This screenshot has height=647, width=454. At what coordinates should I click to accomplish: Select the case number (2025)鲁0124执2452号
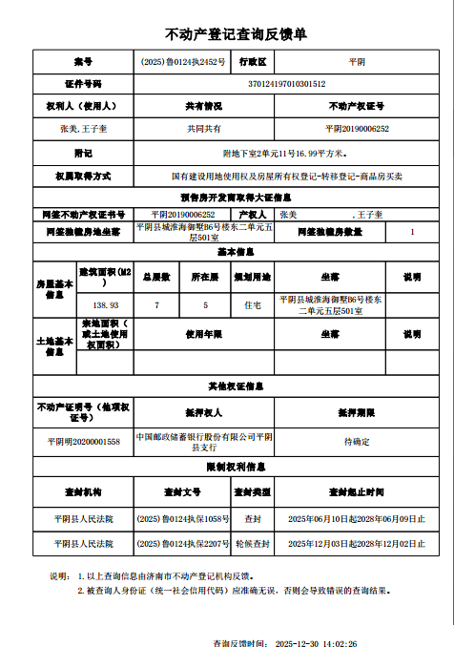click(182, 61)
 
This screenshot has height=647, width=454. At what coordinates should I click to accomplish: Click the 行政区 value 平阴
click(356, 61)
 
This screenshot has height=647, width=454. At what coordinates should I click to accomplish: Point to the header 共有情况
click(203, 106)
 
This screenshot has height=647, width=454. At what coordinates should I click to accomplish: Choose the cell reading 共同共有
click(203, 129)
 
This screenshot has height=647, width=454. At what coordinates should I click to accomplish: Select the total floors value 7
click(157, 304)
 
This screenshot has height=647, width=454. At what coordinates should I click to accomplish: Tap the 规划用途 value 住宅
click(252, 304)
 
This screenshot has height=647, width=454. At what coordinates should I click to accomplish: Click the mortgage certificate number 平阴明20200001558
click(84, 442)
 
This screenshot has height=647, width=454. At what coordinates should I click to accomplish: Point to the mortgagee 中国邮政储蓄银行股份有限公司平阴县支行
click(203, 442)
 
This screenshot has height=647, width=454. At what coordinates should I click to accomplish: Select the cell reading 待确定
click(356, 442)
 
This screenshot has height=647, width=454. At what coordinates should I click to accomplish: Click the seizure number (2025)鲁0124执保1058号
click(182, 518)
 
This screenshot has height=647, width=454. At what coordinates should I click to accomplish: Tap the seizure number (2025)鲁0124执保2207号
click(182, 543)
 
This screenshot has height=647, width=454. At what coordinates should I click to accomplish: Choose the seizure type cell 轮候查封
click(253, 543)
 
